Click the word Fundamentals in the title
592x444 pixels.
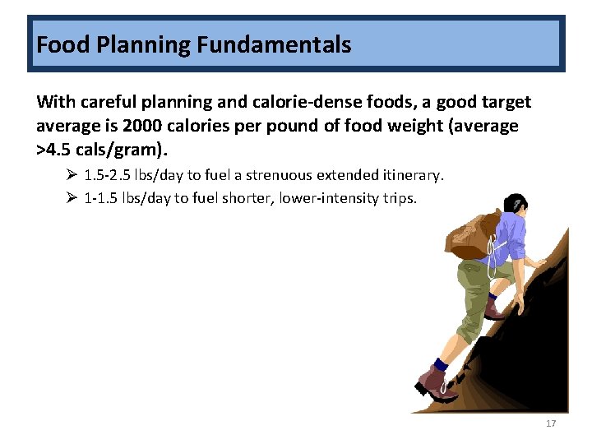coord(274,44)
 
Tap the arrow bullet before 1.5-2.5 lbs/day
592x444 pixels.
coord(72,175)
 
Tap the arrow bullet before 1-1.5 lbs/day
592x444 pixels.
coord(72,198)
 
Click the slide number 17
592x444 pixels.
coord(551,423)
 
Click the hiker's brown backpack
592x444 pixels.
coord(469,230)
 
